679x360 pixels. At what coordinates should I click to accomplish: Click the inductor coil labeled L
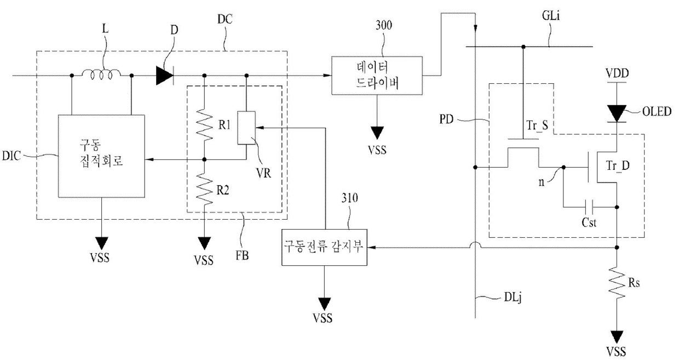pos(101,75)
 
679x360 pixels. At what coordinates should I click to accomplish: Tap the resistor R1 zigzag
pos(204,125)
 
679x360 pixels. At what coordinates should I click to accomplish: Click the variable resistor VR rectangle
pos(246,128)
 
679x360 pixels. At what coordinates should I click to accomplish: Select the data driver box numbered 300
pos(377,76)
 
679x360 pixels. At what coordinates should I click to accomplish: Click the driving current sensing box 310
pos(324,247)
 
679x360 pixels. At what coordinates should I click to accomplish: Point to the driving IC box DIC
pos(101,156)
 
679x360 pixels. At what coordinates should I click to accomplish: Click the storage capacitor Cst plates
pos(589,208)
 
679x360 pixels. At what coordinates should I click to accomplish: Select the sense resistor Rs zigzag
pos(617,282)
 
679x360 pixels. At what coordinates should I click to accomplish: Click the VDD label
pos(617,73)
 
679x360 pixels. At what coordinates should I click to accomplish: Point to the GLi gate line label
pos(550,16)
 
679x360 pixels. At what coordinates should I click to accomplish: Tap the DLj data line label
pos(513,298)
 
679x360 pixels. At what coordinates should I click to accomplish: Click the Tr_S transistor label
pos(537,125)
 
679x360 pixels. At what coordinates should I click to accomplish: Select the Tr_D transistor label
pos(618,165)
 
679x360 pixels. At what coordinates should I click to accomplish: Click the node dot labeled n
pos(563,167)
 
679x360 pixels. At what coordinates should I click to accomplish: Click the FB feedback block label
pos(242,256)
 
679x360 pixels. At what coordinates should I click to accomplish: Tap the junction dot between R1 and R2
pos(204,159)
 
